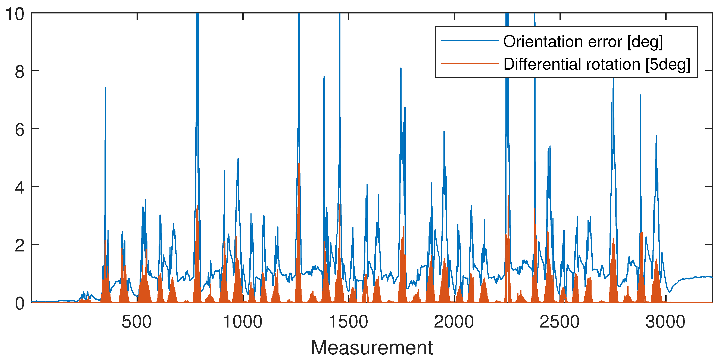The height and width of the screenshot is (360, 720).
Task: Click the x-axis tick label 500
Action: (137, 322)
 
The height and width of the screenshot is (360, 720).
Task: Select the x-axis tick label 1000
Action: (243, 322)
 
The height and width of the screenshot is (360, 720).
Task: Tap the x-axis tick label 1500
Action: (348, 322)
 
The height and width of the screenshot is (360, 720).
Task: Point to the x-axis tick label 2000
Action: (454, 322)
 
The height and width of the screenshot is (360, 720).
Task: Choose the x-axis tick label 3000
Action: (665, 322)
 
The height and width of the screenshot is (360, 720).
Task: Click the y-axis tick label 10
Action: (15, 14)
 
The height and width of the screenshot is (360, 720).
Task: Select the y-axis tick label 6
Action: (20, 130)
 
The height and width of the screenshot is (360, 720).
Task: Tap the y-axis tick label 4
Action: (20, 188)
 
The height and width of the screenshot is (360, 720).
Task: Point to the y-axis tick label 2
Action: (20, 246)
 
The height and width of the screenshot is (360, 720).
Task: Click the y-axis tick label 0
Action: (20, 304)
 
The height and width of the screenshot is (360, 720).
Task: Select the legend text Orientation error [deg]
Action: (583, 42)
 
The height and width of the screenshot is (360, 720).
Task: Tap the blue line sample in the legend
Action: (470, 41)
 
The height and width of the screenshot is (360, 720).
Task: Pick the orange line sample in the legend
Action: (470, 63)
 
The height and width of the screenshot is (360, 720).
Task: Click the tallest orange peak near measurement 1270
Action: (299, 164)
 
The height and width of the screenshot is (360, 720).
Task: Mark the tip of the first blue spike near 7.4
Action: (105, 88)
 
